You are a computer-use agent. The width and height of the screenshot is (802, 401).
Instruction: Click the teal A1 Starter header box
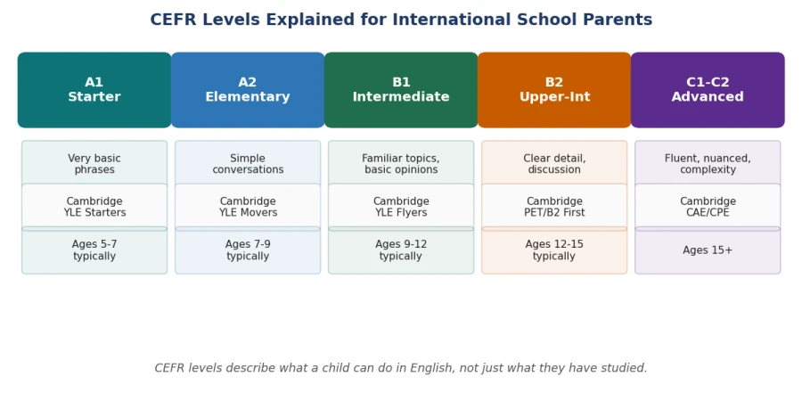coord(94,90)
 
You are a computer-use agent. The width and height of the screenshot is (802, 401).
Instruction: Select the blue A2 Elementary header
coord(248,90)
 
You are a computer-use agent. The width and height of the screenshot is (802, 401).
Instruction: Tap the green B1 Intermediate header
coord(401,90)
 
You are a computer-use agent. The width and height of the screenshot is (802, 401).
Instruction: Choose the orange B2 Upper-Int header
coord(554,90)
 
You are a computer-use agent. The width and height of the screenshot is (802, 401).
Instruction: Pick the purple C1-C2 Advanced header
coord(708,90)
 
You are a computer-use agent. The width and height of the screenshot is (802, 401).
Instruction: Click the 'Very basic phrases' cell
coord(94,164)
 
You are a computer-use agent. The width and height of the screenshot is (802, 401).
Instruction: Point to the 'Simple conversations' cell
coord(248,164)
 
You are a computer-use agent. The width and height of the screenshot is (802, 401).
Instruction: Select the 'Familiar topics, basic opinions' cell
coord(401,164)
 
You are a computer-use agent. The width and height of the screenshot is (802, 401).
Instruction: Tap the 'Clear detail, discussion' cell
coord(554,164)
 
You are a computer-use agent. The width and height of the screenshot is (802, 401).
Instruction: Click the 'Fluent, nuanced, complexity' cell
coord(708,164)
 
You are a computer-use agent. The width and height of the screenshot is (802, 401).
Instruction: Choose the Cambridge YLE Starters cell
coord(94,207)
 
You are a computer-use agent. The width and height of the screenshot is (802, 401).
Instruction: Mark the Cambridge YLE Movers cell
coord(248,207)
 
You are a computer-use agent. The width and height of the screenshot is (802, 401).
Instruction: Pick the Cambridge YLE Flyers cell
coord(401,207)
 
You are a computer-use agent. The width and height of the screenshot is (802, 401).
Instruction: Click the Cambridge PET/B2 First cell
coord(554,207)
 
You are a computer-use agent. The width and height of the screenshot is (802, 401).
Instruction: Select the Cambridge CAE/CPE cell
coord(708,207)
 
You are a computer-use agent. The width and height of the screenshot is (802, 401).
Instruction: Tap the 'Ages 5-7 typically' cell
coord(94,250)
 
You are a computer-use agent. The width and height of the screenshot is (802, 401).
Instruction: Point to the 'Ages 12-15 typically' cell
coord(554,250)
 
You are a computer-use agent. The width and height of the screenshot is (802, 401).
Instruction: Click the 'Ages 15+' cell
coord(708,250)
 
